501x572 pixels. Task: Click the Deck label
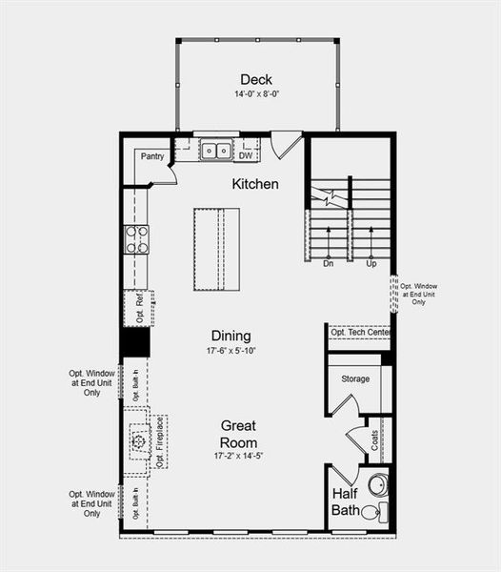click(257, 79)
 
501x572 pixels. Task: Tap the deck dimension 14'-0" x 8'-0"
click(257, 95)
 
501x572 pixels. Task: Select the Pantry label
click(152, 156)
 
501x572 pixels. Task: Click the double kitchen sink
click(215, 150)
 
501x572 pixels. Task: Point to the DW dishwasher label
click(246, 155)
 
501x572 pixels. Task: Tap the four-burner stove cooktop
click(136, 238)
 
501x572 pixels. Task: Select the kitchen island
click(216, 249)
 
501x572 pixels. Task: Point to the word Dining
click(231, 336)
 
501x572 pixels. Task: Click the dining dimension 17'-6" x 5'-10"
click(231, 351)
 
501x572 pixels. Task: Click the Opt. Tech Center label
click(361, 332)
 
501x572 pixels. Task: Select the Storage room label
click(355, 379)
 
